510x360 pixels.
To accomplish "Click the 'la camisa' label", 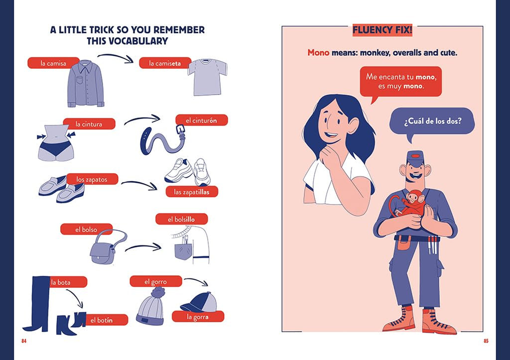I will pos(53,63).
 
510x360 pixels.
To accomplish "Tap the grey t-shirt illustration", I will pos(207,77).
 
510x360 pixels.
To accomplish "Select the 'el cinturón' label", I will pos(202,120).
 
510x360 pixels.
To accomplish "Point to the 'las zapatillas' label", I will pos(192,192).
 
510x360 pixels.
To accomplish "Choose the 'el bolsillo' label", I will pos(181,219).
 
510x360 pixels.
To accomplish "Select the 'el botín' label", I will pos(107,320).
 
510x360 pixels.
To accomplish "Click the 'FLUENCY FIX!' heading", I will pos(382,30).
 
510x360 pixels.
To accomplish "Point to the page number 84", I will pos(24,341).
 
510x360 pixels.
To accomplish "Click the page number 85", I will pos(486,341).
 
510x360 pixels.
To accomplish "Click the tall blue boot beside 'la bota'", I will pos(40,304).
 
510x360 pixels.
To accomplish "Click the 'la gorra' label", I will pos(198,317).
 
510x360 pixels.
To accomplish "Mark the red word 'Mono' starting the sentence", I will pos(318,52).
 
